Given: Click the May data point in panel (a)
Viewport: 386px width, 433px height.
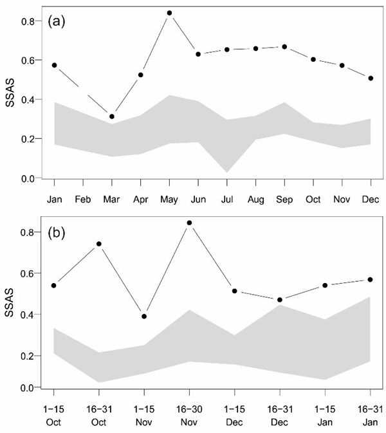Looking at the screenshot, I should click(x=169, y=13).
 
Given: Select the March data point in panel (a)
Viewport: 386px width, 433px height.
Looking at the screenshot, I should click(x=112, y=116).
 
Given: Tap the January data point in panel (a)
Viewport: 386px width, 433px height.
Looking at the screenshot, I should click(x=54, y=65).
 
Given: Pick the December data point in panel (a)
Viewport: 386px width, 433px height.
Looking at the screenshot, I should click(x=371, y=78).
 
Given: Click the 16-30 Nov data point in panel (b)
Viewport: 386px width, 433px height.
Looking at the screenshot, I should click(x=189, y=223).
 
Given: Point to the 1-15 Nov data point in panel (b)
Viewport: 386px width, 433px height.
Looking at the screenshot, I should click(x=144, y=316).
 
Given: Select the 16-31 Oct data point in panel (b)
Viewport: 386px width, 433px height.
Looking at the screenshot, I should click(x=99, y=244).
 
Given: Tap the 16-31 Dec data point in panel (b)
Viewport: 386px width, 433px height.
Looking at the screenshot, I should click(x=280, y=300).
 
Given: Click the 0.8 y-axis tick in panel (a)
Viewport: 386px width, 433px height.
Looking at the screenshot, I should click(x=29, y=21).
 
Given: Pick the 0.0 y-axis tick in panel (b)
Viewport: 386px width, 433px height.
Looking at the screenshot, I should click(x=29, y=388).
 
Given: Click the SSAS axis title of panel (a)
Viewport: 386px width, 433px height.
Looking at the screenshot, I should click(x=10, y=100).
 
